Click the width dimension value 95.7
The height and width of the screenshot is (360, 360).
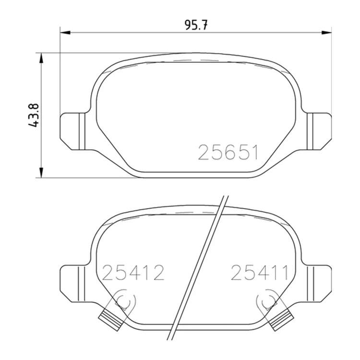pyautogui.click(x=196, y=25)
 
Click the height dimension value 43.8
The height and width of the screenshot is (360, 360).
pyautogui.click(x=34, y=115)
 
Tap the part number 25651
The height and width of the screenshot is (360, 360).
pyautogui.click(x=228, y=153)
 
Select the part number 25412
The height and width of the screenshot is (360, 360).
pyautogui.click(x=133, y=273)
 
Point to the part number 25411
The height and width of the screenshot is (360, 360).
pyautogui.click(x=259, y=273)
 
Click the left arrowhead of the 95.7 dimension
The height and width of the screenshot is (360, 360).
pyautogui.click(x=65, y=33)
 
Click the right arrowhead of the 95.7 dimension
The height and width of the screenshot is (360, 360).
pyautogui.click(x=326, y=33)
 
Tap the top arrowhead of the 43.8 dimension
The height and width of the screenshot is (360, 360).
pyautogui.click(x=41, y=58)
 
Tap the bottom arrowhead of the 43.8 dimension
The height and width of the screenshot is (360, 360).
pyautogui.click(x=41, y=173)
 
